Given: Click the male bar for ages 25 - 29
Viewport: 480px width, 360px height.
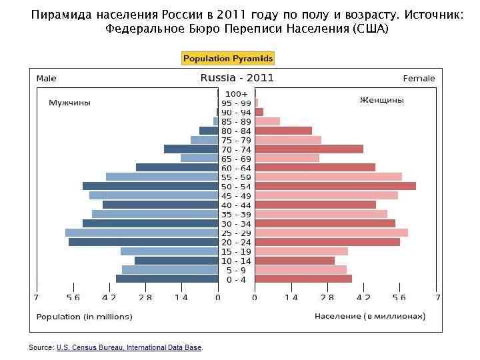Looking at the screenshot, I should click(x=141, y=233).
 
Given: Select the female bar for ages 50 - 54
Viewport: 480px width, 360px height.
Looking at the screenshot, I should click(x=335, y=186).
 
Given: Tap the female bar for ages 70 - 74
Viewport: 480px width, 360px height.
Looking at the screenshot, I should click(x=309, y=149).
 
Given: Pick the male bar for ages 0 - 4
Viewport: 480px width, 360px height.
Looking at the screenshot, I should click(x=167, y=279).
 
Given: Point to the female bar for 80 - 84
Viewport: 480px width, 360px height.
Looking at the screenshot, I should click(x=283, y=131).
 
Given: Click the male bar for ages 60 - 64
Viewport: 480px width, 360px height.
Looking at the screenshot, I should click(x=177, y=167).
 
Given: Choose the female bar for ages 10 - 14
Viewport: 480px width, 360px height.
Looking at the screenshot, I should click(x=295, y=261).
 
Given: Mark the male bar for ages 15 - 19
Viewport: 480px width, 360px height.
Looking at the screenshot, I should click(x=169, y=251).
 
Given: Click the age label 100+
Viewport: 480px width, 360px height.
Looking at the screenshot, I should click(x=237, y=94).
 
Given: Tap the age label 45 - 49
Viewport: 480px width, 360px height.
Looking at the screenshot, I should click(x=237, y=196).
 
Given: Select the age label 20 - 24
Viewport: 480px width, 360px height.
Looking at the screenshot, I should click(x=237, y=242).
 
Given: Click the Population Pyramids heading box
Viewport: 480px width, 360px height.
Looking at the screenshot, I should click(x=228, y=59).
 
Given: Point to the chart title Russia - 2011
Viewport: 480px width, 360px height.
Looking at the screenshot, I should click(x=237, y=78).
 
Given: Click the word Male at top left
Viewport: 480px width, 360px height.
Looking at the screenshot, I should click(x=47, y=79).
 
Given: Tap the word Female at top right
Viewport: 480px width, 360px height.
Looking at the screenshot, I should click(x=419, y=79).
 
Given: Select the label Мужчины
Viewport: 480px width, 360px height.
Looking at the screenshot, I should click(x=69, y=103).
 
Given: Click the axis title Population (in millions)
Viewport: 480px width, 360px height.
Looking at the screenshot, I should click(x=84, y=317).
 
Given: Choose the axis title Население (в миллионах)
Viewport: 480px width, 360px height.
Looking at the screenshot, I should click(x=370, y=316).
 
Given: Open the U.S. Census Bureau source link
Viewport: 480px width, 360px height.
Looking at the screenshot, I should click(x=129, y=347).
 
